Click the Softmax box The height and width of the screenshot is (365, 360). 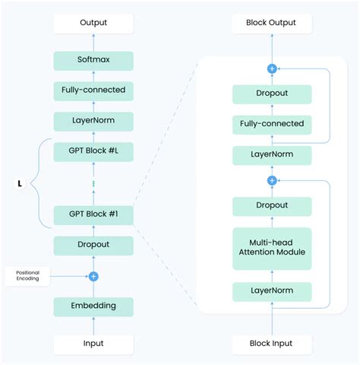pos(93,61)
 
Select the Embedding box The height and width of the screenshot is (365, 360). pos(93,306)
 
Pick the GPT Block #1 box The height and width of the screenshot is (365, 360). pos(93,215)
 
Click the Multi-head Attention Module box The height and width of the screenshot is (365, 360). pos(271,248)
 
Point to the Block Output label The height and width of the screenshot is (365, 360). pos(271,24)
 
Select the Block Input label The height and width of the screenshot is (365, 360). pos(271,343)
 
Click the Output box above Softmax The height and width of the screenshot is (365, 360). pos(93,24)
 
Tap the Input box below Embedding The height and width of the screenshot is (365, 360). pos(93,343)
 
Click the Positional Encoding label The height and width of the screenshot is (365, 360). pos(27,276)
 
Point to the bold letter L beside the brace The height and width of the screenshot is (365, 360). pos(21,183)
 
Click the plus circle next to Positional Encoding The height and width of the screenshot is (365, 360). pos(93,276)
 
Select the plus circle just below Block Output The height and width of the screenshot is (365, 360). pos(271,68)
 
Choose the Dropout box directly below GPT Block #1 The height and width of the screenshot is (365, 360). pos(93,245)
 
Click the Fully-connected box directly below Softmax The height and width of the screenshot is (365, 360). pos(93,90)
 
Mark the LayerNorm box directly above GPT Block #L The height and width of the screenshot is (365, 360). pos(93,120)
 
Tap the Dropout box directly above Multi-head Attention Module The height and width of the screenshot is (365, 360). pos(271,205)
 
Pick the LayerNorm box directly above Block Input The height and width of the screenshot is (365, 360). pos(271,291)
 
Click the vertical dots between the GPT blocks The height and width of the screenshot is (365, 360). pos(93,183)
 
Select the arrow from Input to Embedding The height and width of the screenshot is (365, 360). pos(93,324)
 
